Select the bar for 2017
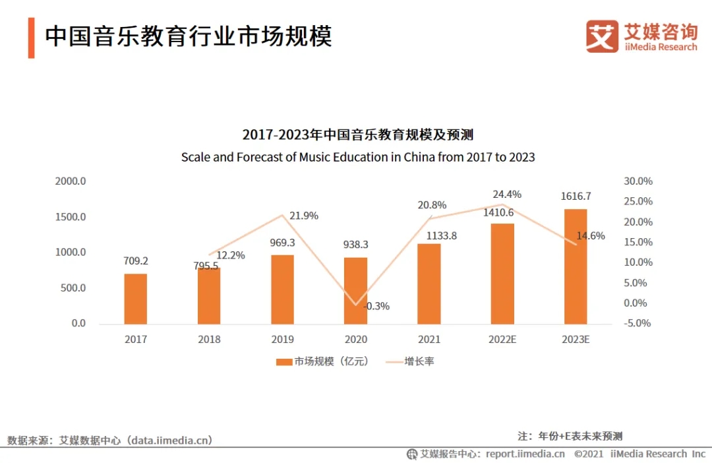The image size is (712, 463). coord(136,299)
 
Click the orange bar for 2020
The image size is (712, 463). coord(356,291)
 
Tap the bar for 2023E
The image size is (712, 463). coord(576,266)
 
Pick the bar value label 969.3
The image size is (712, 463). coord(283,243)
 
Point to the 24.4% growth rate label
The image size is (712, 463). coord(507,195)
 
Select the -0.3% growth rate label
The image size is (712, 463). coord(376,306)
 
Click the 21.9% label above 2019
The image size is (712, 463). coord(304,216)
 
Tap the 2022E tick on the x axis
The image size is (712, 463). coord(502,340)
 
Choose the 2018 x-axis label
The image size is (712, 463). coord(209,340)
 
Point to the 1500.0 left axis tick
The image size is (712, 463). coord(70,217)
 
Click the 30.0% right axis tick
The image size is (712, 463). coord(638,181)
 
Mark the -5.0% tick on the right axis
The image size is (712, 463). coord(638,323)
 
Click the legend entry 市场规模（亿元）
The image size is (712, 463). coord(322,361)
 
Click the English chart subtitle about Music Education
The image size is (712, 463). coord(358,158)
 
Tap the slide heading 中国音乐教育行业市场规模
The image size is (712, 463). coord(188,37)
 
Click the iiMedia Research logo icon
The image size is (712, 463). coord(602,36)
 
